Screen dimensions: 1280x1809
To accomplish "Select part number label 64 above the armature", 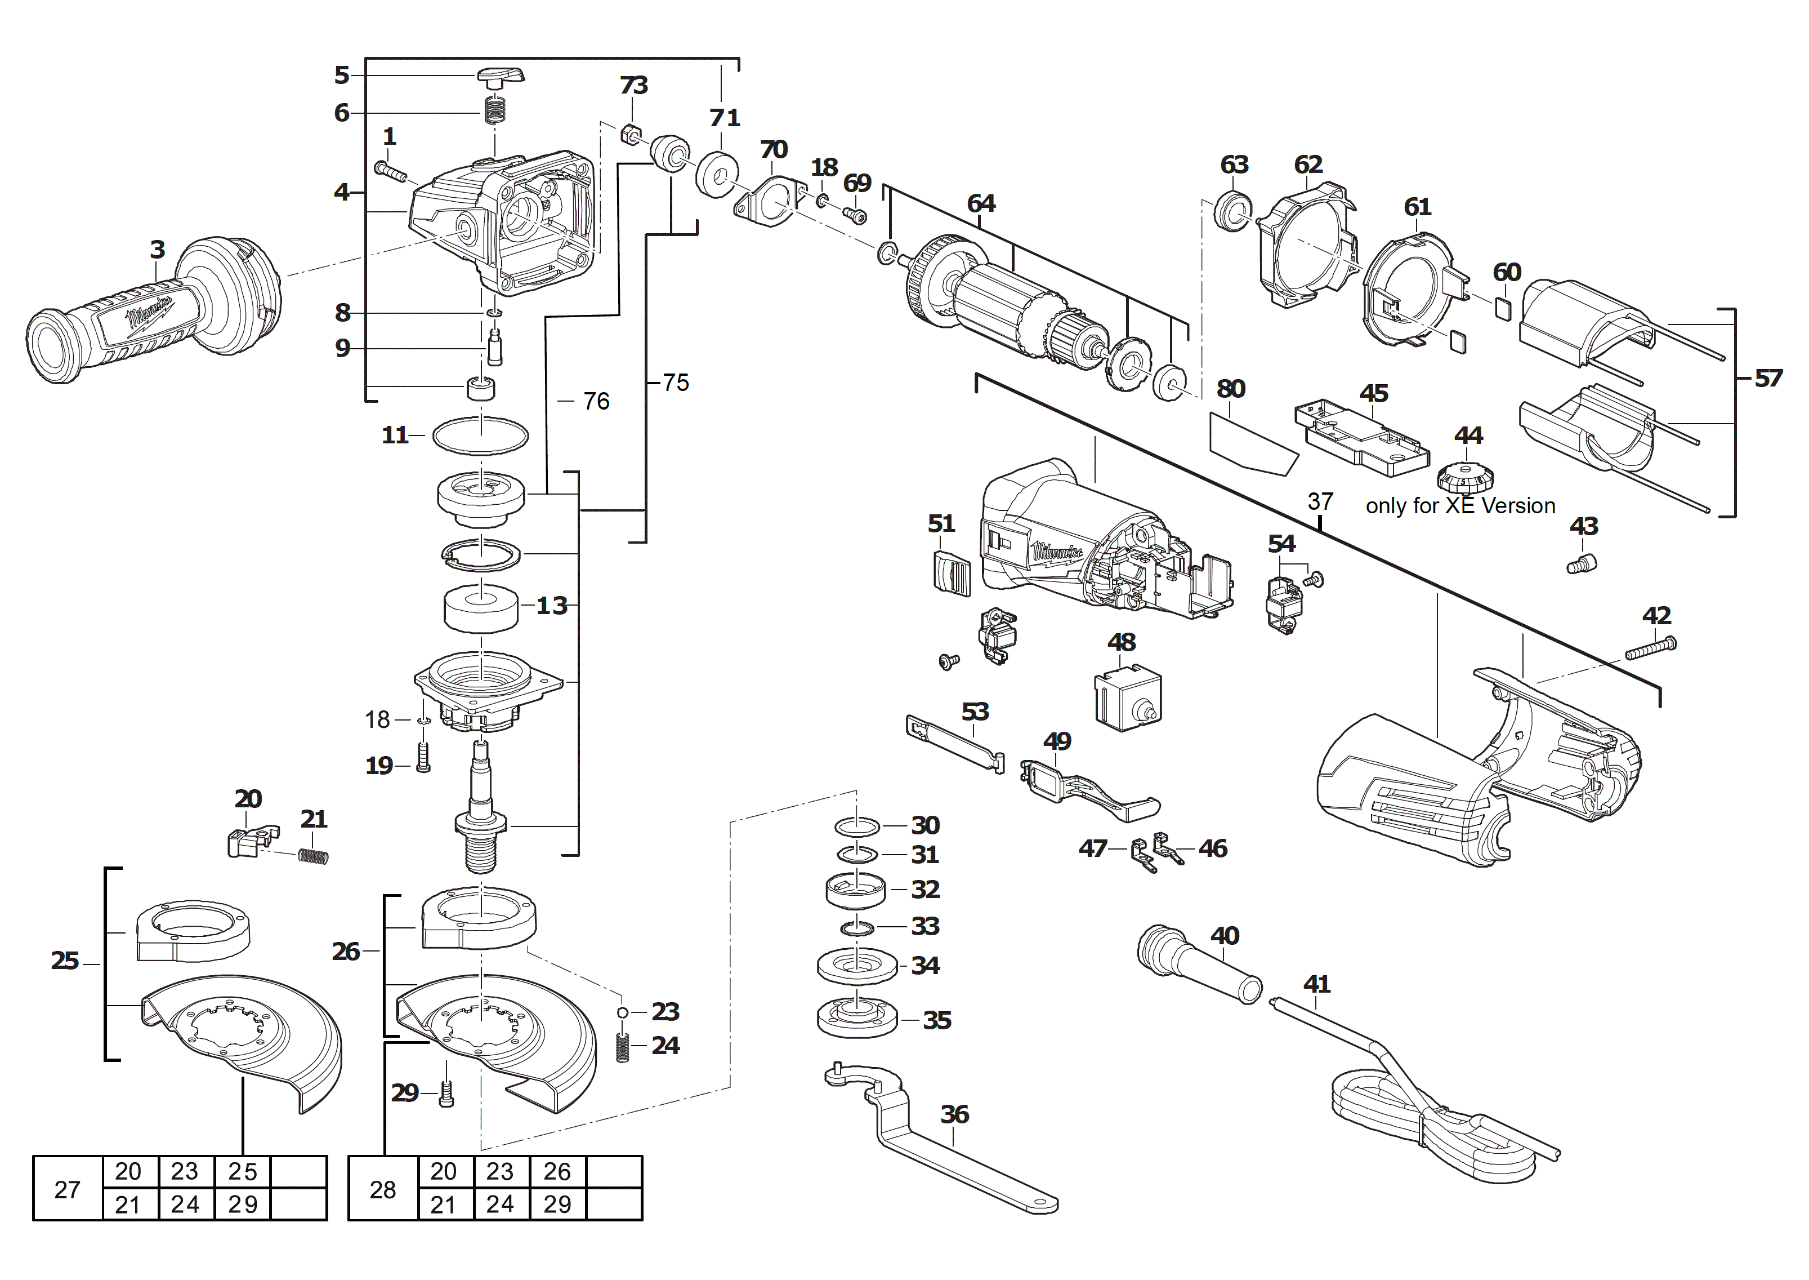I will (981, 204).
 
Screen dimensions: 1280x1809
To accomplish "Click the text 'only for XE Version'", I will (1460, 506).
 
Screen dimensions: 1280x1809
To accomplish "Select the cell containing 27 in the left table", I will (68, 1189).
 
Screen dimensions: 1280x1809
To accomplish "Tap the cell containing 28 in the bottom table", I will (383, 1189).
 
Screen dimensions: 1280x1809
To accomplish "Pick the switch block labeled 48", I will (1127, 697).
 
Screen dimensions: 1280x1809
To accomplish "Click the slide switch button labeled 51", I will (951, 572).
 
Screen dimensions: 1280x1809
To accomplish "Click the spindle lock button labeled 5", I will (499, 77).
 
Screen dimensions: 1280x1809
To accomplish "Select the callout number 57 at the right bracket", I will (1767, 379).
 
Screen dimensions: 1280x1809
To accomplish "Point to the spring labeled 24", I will (623, 1047).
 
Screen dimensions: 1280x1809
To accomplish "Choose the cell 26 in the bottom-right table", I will (557, 1172).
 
